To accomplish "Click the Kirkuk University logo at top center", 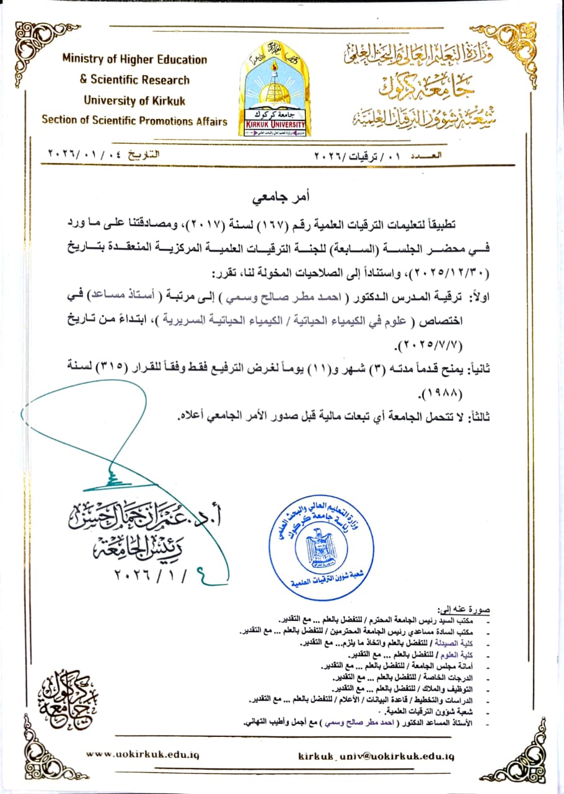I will pyautogui.click(x=274, y=89).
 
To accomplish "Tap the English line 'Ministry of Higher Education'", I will pyautogui.click(x=134, y=60).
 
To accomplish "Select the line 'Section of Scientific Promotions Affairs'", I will pyautogui.click(x=134, y=121).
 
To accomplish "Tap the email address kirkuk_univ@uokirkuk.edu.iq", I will pyautogui.click(x=376, y=756).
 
